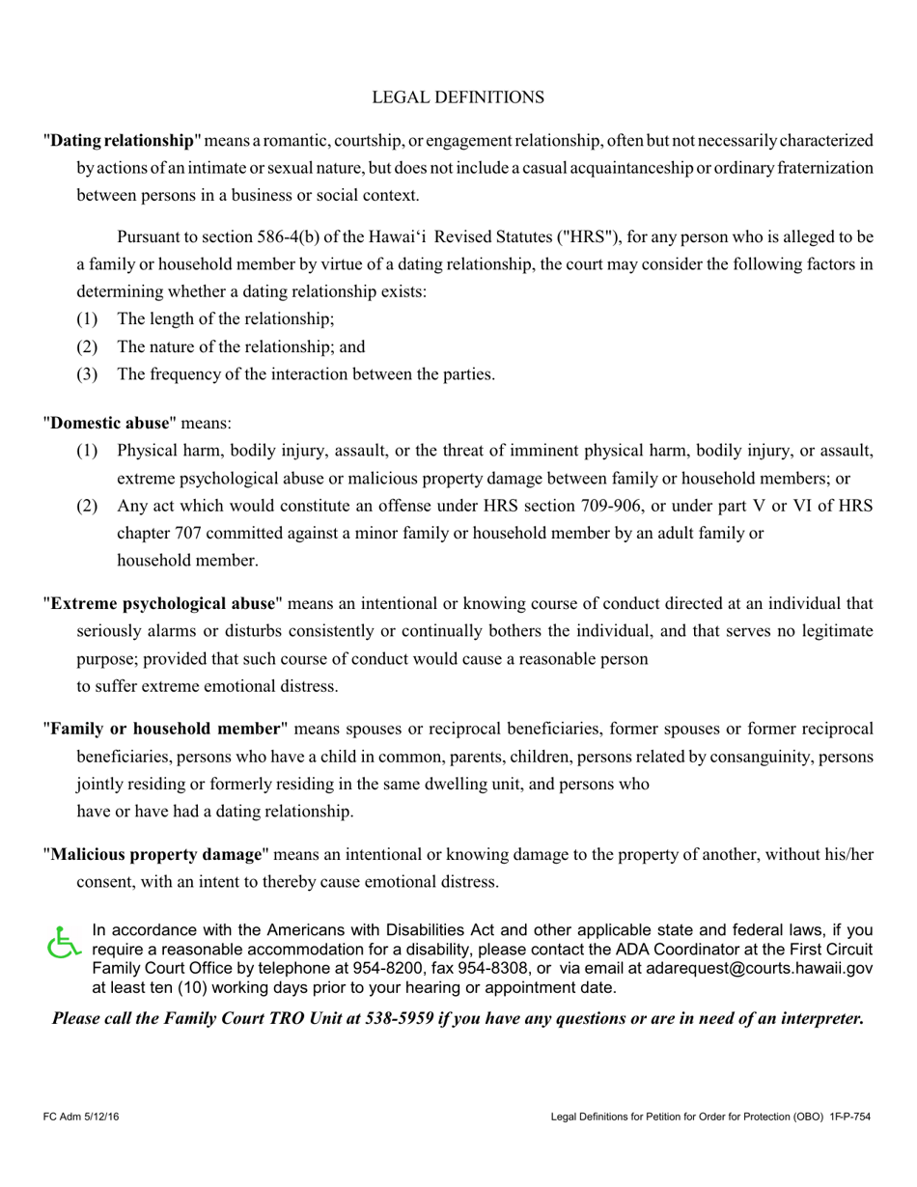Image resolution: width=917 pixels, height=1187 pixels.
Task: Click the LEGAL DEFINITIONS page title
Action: [x=458, y=97]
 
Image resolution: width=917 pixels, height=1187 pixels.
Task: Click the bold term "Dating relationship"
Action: [x=123, y=141]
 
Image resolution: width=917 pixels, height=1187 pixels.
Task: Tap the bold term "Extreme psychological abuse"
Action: [x=162, y=604]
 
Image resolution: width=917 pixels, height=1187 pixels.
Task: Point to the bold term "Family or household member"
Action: [x=165, y=729]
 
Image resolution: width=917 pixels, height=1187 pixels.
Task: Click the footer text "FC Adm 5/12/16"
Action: [x=81, y=1118]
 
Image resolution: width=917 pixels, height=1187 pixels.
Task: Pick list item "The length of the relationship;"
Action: [x=226, y=319]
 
